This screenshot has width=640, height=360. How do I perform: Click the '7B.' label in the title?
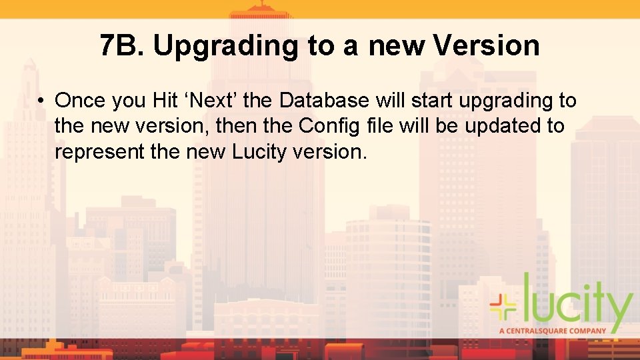121,45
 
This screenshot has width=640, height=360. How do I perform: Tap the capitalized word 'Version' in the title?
486,45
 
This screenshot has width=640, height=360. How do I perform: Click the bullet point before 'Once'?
41,101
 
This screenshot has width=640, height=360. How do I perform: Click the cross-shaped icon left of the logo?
503,306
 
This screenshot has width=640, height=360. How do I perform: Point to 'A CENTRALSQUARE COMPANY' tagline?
553,330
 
